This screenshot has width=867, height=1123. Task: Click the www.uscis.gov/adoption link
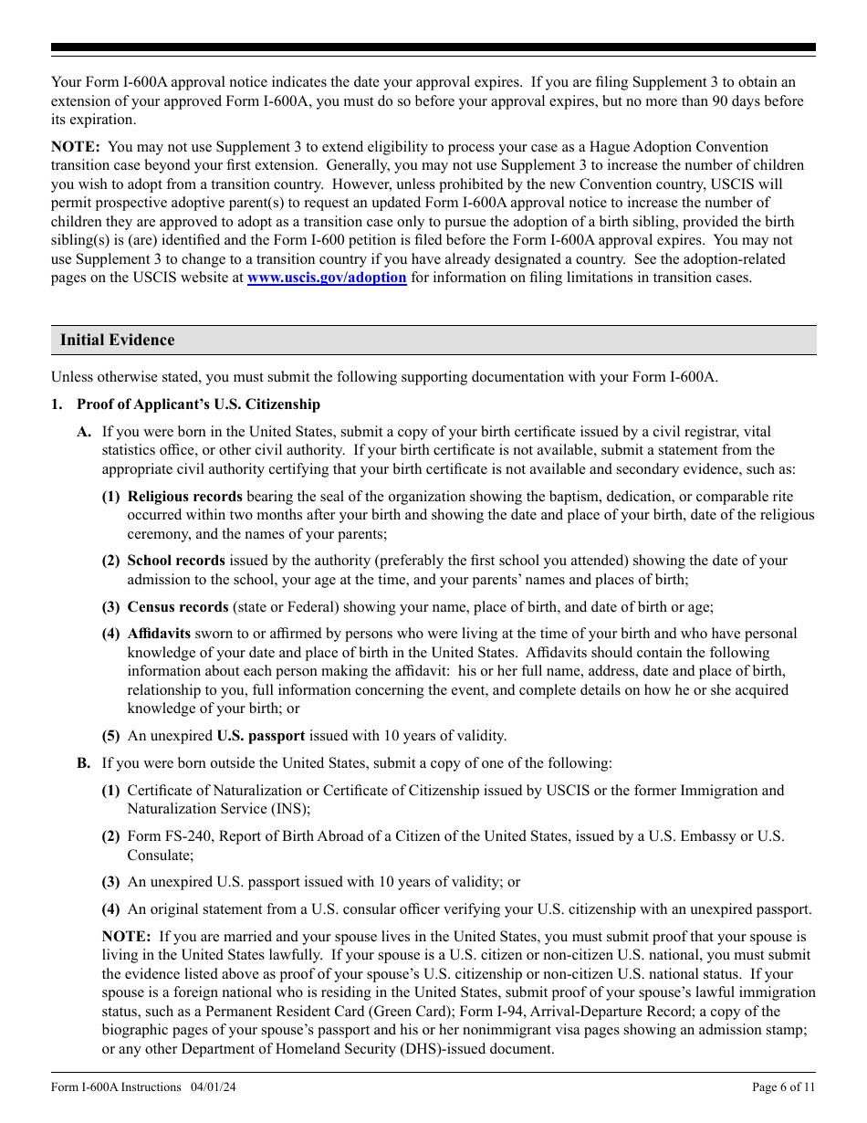(327, 278)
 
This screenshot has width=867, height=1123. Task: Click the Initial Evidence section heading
(117, 340)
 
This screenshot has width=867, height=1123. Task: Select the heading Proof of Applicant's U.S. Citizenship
(198, 404)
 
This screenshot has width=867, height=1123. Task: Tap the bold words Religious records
(184, 497)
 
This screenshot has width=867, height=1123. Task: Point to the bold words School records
(176, 561)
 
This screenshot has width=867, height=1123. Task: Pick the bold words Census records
(178, 607)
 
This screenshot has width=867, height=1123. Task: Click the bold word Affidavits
(159, 634)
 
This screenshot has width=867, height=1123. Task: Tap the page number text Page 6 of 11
(783, 1086)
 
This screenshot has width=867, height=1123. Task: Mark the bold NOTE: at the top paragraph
(76, 147)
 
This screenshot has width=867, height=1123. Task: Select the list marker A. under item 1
(84, 432)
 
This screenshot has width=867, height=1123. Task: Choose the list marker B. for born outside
(84, 763)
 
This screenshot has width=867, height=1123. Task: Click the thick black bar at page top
(433, 47)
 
